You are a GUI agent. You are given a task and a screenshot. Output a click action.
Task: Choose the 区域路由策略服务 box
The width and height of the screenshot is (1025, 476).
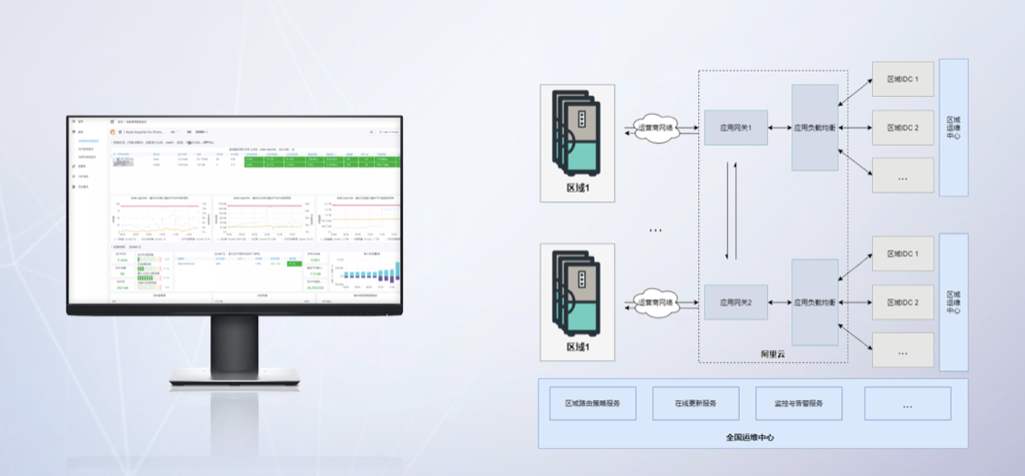point(593,403)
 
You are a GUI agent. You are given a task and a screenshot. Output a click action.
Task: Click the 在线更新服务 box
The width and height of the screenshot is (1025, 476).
point(695,403)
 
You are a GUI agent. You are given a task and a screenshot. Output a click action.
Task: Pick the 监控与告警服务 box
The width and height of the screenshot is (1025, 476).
point(799,403)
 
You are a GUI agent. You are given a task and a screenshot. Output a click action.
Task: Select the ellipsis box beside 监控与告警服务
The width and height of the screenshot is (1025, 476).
point(907,404)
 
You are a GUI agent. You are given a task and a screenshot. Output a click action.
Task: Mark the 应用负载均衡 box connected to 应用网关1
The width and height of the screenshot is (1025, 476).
point(815,128)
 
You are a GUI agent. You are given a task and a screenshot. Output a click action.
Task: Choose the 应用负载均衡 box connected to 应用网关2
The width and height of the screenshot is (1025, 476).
point(815,301)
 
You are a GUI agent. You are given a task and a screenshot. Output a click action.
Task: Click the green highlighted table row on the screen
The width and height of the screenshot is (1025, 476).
point(312,162)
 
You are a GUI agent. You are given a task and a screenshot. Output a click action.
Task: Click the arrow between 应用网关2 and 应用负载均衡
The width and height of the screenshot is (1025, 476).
point(779,302)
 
